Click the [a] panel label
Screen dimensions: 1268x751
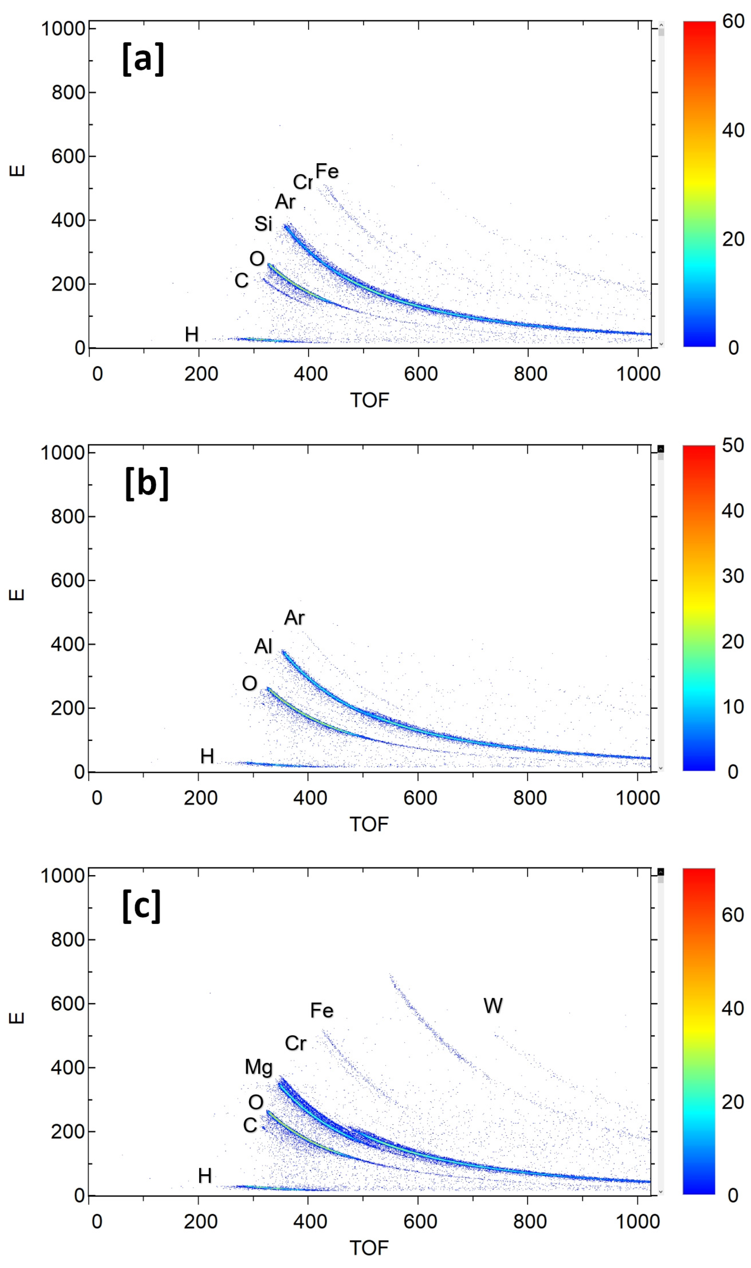(143, 59)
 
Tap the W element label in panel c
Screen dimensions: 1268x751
(493, 1005)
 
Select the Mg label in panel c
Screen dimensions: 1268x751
(259, 1067)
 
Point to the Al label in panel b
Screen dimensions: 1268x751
(263, 646)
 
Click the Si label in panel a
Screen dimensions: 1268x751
(263, 224)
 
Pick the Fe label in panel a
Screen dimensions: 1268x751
(327, 171)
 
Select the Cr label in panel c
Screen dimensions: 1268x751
(296, 1043)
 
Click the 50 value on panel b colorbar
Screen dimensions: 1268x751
(733, 445)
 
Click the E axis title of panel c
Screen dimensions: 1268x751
(17, 1018)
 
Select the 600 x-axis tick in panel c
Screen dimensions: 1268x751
(420, 1221)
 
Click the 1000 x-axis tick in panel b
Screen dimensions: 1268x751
(637, 798)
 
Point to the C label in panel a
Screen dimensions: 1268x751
(242, 280)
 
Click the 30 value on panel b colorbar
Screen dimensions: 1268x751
(733, 576)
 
